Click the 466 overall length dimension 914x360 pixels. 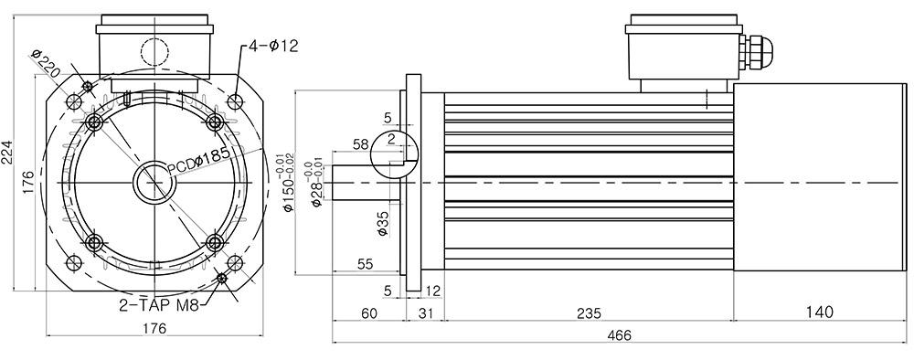(619, 335)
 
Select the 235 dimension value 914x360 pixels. (589, 312)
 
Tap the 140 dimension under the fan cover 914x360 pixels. (820, 312)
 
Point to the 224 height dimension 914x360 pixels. (7, 153)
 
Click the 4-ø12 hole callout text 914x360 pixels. (273, 46)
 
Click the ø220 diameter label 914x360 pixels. (46, 65)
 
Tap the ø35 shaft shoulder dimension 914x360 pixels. (382, 224)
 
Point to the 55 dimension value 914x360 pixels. (365, 264)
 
